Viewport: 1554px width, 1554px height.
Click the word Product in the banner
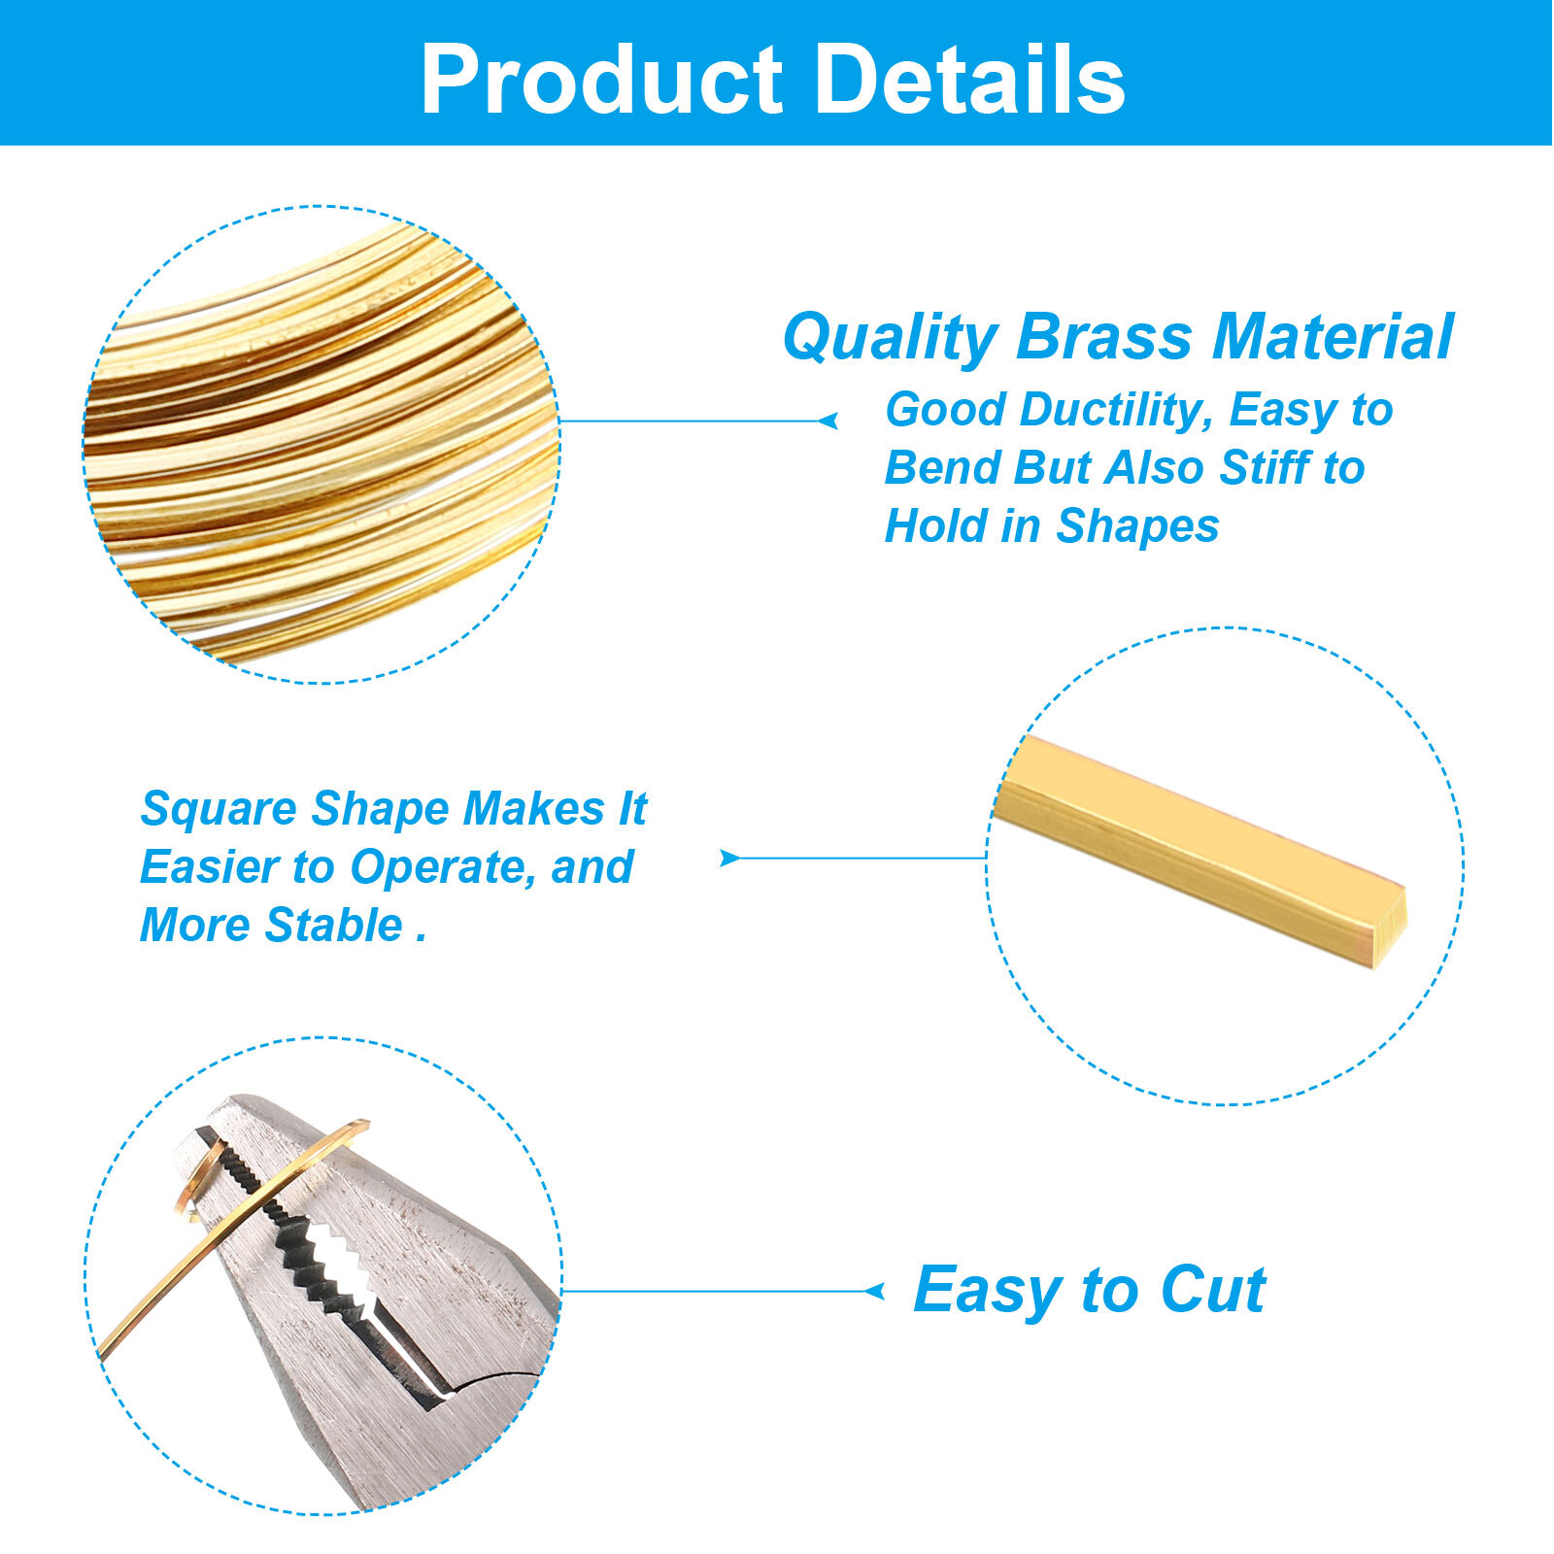click(601, 82)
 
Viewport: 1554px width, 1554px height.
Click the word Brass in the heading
click(1103, 337)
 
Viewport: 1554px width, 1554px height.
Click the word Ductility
click(1117, 411)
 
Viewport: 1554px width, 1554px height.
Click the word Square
click(218, 810)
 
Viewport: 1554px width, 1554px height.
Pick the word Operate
click(443, 867)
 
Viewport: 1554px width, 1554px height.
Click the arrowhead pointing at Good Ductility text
click(828, 421)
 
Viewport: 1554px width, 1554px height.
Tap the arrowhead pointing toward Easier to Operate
click(728, 858)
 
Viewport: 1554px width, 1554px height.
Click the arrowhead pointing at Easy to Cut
click(875, 1291)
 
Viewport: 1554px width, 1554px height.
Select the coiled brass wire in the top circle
click(321, 437)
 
